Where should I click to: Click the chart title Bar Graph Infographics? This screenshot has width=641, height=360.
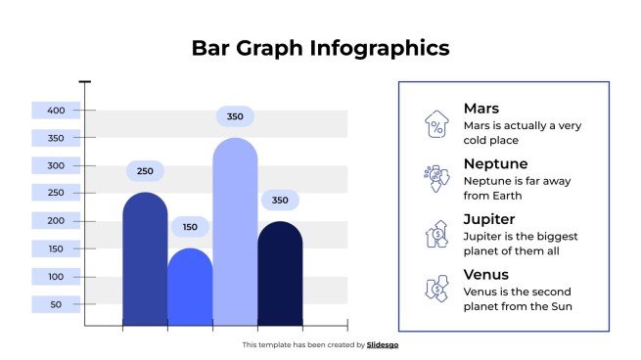point(320,48)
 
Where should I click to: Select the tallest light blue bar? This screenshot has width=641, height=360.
point(235,235)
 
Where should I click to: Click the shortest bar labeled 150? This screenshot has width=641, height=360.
point(190,289)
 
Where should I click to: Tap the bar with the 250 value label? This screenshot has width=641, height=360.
point(145,259)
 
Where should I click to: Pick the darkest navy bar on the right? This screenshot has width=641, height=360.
point(280,274)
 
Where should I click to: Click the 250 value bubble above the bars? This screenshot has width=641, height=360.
point(145,172)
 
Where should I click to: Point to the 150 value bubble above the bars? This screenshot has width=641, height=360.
point(190,227)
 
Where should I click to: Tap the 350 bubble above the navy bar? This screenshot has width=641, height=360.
point(280,201)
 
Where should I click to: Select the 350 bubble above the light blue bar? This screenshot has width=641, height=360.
point(235,117)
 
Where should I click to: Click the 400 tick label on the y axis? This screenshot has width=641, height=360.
point(56,110)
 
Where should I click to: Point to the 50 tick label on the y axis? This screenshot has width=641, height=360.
point(56,304)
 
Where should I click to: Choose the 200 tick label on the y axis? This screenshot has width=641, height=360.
point(56,221)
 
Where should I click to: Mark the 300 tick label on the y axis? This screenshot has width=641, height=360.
point(56,165)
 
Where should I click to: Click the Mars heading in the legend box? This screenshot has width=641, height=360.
point(481,109)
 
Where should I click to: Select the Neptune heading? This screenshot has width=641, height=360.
point(495,163)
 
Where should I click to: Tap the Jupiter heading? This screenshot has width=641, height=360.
point(489,219)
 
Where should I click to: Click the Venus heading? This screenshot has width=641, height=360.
point(486,275)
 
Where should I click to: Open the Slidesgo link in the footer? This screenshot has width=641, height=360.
point(383,344)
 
